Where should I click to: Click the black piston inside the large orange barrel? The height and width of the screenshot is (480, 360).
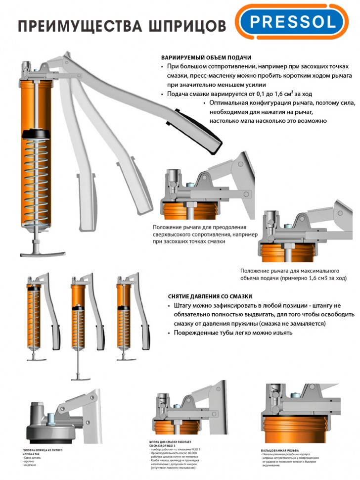click(x=37, y=134)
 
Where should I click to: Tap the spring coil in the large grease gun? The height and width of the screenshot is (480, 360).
click(x=37, y=188)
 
